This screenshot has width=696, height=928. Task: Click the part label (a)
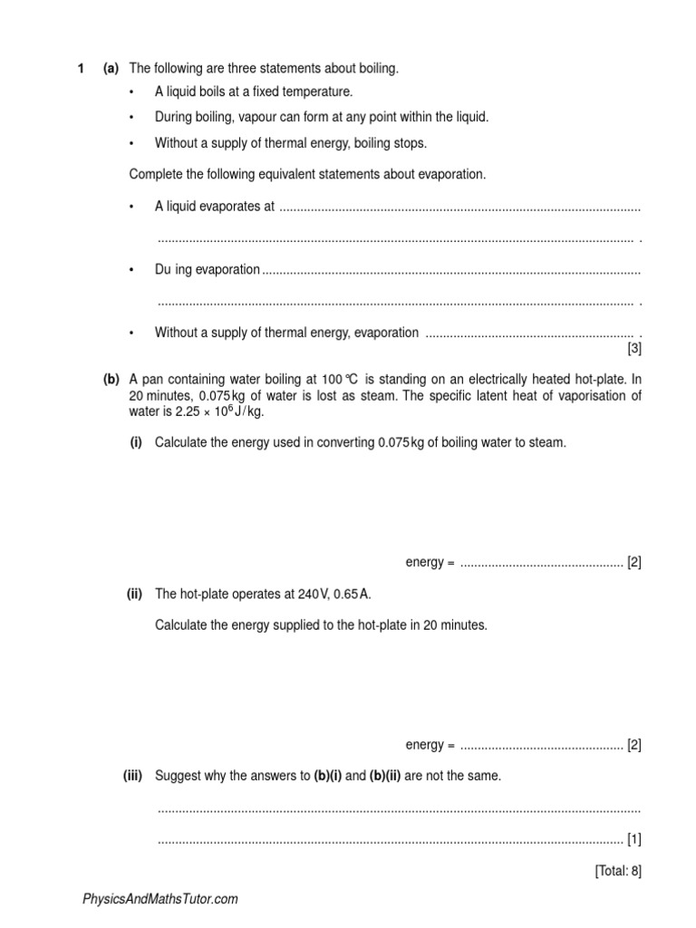[111, 69]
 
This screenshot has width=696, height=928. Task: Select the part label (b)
[111, 380]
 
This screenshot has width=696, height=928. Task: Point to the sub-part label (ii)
[134, 594]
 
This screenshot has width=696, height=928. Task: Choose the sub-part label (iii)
[134, 776]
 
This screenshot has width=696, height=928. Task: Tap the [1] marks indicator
[633, 838]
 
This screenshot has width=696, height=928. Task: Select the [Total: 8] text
[618, 871]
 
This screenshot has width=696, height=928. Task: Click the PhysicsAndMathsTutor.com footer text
[160, 899]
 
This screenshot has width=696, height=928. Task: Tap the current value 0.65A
[353, 594]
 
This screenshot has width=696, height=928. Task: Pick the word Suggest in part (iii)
[178, 776]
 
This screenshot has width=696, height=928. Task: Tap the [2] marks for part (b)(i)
[633, 563]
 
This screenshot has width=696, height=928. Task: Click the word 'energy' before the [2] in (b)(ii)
[424, 745]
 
